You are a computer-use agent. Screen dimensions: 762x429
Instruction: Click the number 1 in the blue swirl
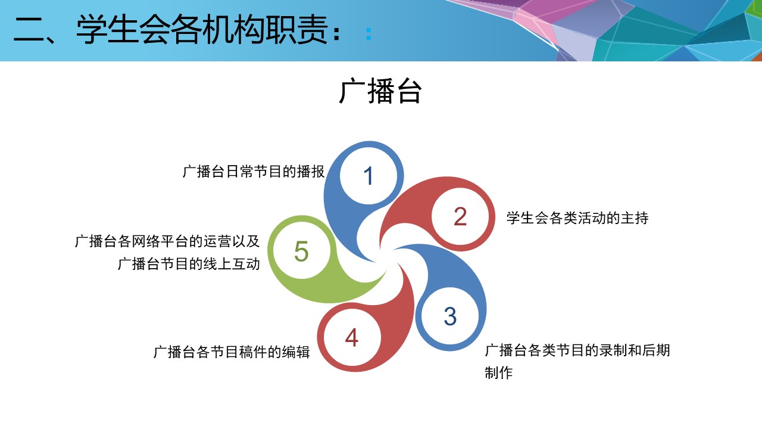[x=368, y=176]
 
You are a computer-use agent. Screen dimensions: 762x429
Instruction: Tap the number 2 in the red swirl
[x=460, y=217]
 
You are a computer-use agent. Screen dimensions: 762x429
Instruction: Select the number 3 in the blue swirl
[x=450, y=316]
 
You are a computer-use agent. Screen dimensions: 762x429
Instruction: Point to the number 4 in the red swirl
[x=352, y=338]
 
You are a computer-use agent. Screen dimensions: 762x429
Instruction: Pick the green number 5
[x=301, y=251]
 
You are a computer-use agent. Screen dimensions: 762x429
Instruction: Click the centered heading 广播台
[x=380, y=91]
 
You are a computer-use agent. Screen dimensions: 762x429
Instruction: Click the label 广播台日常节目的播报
[x=254, y=172]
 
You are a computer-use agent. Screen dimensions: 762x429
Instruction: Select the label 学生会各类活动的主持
[x=577, y=218]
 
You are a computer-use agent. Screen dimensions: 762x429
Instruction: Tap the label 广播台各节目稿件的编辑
[x=232, y=352]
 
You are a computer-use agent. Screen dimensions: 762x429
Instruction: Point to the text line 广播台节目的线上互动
[x=189, y=264]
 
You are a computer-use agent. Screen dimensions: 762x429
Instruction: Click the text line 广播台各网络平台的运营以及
[x=167, y=241]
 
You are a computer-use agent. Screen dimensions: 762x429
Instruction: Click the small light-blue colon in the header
[x=368, y=35]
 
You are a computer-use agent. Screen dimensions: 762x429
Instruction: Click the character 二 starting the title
[x=29, y=30]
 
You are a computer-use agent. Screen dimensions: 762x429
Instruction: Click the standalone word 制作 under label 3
[x=499, y=373]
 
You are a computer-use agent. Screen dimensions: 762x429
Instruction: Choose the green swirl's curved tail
[x=361, y=290]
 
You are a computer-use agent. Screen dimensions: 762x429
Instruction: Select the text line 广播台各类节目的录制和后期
[x=577, y=350]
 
